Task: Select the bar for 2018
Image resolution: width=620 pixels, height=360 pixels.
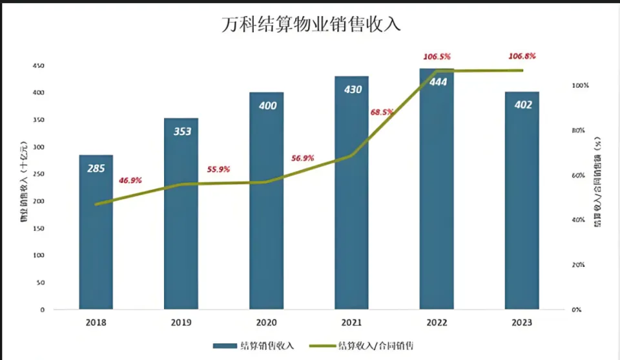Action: pos(96,233)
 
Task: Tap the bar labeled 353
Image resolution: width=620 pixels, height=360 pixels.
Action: pos(181,213)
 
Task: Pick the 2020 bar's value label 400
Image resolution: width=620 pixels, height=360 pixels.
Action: pos(267,105)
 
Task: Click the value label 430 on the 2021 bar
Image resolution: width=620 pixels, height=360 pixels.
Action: pos(352,90)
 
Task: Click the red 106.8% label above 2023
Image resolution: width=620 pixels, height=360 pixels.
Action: pos(522,56)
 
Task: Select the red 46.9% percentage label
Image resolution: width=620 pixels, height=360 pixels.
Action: pos(130,180)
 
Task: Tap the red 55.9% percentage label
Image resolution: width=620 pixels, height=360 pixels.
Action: pos(218,169)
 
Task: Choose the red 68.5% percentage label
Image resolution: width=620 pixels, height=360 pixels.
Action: pos(382,112)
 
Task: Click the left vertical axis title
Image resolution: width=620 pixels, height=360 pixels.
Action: pos(24,187)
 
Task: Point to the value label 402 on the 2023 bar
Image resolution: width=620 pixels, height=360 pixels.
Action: pos(522,105)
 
